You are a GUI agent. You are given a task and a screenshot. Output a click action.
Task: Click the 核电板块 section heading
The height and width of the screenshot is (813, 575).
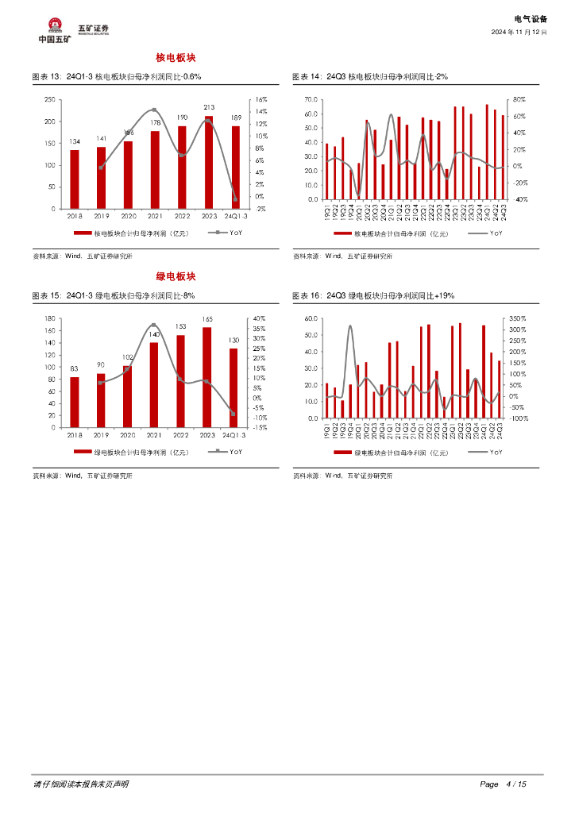point(176,59)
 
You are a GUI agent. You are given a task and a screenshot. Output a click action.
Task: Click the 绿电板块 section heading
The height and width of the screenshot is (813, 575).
point(176,276)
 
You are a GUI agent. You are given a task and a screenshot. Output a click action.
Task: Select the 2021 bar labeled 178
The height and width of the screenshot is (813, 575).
point(155,170)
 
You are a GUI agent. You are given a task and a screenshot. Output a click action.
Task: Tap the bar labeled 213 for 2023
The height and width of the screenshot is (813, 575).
point(208,163)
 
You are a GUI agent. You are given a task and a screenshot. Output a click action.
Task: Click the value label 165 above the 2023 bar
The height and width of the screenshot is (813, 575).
point(207,318)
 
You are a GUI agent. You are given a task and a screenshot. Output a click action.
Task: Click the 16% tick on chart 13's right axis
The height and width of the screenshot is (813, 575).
point(261,99)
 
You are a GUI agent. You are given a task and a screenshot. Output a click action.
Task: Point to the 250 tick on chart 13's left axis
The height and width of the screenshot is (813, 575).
point(49,99)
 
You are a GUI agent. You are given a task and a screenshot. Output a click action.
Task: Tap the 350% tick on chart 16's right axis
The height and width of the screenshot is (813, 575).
point(517,318)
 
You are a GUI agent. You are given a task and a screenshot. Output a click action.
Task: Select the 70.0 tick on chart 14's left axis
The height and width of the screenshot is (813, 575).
point(311,99)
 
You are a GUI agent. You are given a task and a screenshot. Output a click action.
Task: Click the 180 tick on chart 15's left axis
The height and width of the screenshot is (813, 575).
point(49,318)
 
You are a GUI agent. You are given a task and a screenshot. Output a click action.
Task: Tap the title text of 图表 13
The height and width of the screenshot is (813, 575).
point(116,77)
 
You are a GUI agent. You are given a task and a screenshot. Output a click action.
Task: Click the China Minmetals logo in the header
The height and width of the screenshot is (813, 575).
point(55,31)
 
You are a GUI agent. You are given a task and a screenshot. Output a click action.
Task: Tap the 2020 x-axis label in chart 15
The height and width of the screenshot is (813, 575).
point(128,435)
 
